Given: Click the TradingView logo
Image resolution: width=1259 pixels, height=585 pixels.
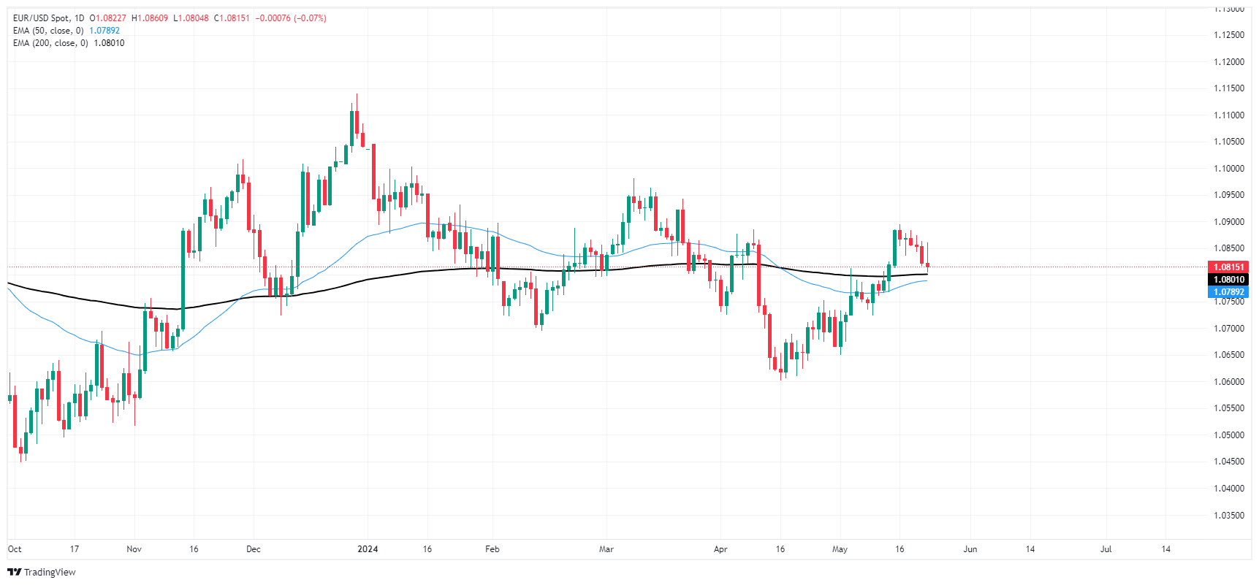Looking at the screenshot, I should click(42, 572).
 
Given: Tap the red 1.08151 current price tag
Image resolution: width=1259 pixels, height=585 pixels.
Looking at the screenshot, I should click(1228, 267).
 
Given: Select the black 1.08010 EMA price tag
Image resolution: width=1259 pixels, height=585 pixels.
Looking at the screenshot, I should click(1228, 280).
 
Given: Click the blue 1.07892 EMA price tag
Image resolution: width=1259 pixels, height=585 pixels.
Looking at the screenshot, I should click(1228, 292).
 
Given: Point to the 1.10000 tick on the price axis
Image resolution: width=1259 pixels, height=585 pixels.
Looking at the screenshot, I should click(1228, 169).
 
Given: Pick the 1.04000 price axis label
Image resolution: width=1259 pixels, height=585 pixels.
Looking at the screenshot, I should click(1228, 489).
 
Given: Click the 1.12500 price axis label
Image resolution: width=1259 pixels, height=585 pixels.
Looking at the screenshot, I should click(1228, 35).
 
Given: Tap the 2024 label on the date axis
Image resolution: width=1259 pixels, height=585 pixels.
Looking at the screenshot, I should click(368, 549).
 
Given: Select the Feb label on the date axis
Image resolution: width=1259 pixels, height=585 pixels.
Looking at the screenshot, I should click(492, 549).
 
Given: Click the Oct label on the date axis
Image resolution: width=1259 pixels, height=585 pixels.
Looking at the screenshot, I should click(15, 549).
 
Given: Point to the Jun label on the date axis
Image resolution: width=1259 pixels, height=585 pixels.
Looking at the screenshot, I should click(970, 549).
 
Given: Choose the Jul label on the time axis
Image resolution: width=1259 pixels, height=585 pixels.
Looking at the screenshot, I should click(1106, 549).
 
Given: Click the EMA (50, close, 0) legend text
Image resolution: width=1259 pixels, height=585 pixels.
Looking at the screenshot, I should click(48, 31).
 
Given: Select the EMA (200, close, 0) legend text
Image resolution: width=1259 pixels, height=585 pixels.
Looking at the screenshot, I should click(50, 43).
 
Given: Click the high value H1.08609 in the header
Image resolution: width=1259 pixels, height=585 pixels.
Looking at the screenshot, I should click(150, 18).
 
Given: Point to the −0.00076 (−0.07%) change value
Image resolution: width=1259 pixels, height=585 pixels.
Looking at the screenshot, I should click(291, 18).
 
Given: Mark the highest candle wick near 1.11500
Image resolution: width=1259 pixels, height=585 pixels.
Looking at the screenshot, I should click(357, 95).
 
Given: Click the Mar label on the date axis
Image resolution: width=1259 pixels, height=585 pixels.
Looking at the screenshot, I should click(606, 549).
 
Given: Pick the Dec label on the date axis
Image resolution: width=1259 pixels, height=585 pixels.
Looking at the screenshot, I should click(253, 549).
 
